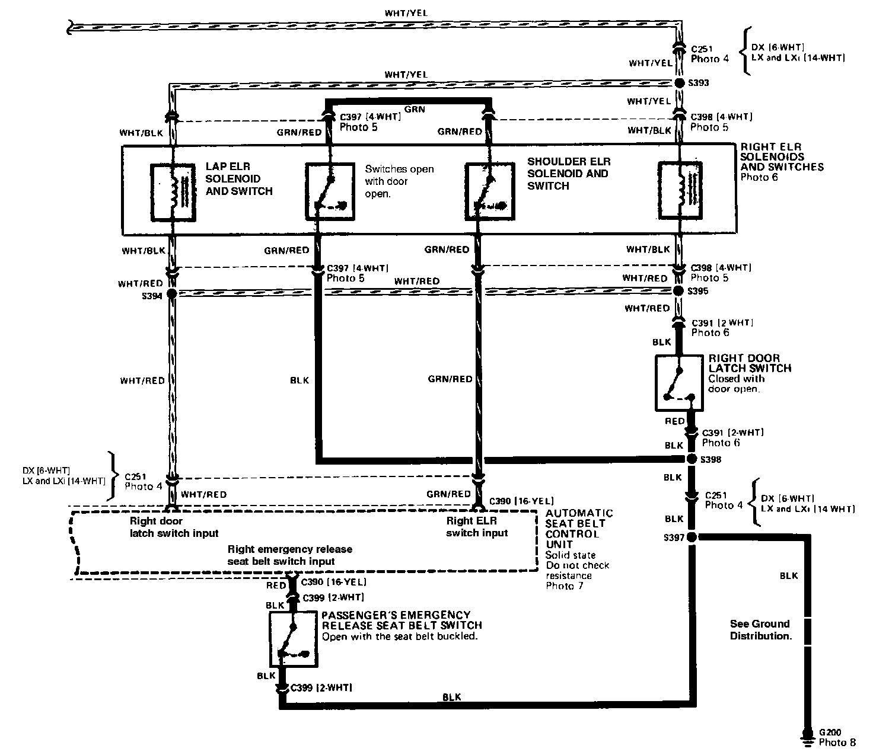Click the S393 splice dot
point(679,84)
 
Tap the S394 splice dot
point(172,293)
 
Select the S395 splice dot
point(679,291)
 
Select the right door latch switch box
point(679,383)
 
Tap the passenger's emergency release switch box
point(294,639)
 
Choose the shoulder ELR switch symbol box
point(489,190)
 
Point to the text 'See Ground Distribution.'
point(760,629)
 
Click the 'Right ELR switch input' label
point(477,527)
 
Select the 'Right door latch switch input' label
point(174,527)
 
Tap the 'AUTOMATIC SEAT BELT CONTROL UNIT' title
point(579,529)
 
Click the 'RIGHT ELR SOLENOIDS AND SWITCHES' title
point(782,157)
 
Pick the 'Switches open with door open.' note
point(399,181)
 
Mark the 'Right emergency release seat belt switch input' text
point(289,555)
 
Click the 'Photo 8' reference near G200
point(837,742)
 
